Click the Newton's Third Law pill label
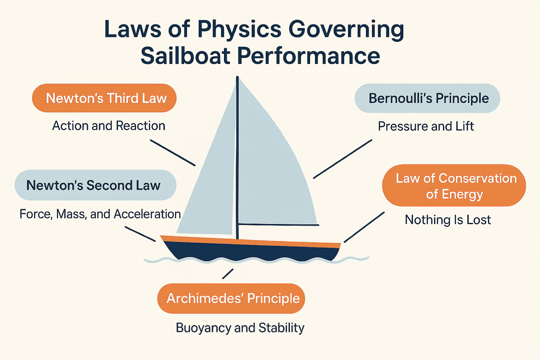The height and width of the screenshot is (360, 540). pos(104,98)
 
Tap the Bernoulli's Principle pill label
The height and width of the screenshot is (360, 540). pos(427,98)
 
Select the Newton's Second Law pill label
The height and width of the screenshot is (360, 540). pos(95,185)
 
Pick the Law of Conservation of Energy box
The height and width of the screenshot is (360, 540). pos(454,185)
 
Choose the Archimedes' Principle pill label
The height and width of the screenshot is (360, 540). pos(231,298)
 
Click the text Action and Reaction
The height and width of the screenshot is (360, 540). pos(109,126)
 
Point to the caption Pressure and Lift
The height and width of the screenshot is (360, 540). pos(426,126)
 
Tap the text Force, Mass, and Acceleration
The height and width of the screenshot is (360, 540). pos(100,214)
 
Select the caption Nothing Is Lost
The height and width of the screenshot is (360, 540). pos(448,220)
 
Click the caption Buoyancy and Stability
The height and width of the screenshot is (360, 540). pos(240,328)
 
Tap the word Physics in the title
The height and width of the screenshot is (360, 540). pos(239,29)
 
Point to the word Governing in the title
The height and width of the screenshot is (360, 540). pos(346,29)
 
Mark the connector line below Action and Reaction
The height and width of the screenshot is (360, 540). pos(173,153)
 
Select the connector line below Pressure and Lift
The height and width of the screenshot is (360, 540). pos(342,159)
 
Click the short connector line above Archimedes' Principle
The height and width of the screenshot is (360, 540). pos(228,274)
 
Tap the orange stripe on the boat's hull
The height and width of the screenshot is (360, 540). pos(250,242)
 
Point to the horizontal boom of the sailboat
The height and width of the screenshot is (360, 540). pos(278,225)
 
